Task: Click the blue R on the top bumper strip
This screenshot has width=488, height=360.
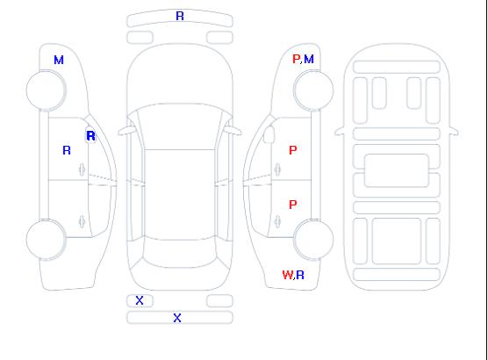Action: tap(180, 16)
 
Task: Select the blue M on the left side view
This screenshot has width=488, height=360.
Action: tap(59, 60)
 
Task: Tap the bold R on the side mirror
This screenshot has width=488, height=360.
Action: tap(90, 136)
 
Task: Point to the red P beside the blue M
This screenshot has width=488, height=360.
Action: tap(296, 59)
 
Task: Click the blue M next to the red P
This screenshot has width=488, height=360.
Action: tap(309, 59)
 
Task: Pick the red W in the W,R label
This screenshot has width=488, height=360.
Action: tap(287, 275)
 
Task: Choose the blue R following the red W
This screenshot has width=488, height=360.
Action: tap(300, 275)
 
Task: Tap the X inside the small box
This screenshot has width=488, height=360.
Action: tap(140, 300)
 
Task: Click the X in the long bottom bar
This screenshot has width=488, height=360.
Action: tap(177, 318)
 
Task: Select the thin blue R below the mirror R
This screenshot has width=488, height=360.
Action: tap(67, 150)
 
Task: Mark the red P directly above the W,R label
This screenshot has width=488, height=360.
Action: tap(292, 205)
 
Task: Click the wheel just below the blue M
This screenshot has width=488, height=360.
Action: tap(46, 90)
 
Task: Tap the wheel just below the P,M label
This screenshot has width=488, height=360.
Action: tap(313, 90)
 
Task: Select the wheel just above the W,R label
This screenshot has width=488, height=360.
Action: tap(313, 239)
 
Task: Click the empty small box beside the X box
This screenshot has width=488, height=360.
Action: tap(219, 300)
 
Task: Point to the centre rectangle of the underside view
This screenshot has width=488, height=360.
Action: tap(396, 170)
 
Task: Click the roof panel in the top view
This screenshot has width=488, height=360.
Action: tap(180, 195)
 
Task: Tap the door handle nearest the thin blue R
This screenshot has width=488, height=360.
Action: tap(82, 169)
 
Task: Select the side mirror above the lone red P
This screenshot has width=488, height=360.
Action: tap(269, 134)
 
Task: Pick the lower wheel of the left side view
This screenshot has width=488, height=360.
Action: tap(46, 239)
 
